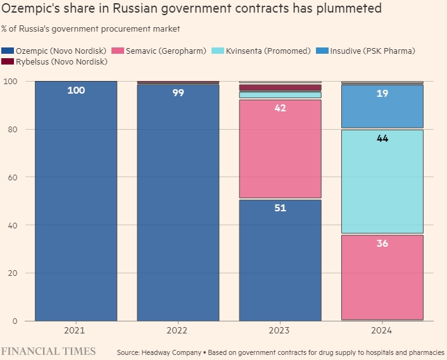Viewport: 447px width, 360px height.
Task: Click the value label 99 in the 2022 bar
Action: tap(178, 93)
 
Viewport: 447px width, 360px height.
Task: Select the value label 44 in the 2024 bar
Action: tap(382, 139)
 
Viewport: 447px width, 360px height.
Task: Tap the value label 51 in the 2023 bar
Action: tap(280, 208)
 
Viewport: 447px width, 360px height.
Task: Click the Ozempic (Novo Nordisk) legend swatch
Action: tap(8, 51)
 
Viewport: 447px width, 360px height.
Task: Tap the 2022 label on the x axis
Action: tap(178, 330)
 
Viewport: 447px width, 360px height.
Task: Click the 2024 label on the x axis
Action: tap(382, 330)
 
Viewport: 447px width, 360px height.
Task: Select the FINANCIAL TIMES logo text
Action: tap(48, 351)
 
